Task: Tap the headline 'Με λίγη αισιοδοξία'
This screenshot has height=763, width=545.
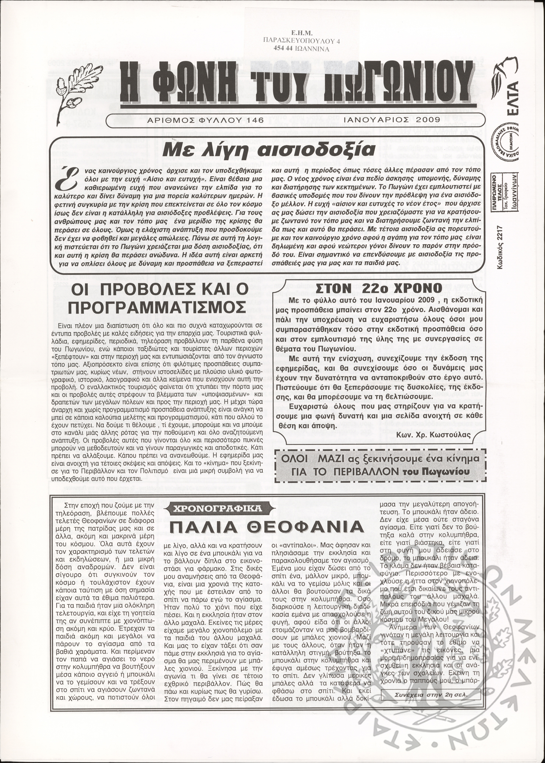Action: point(269,150)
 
